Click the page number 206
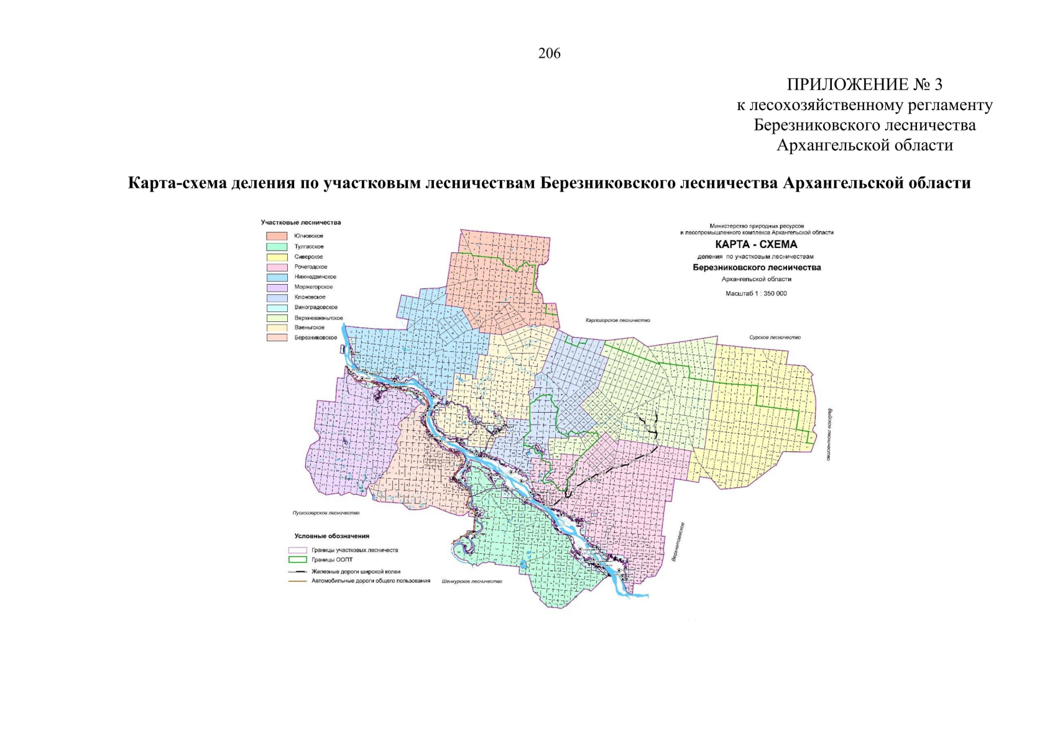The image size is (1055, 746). pyautogui.click(x=549, y=54)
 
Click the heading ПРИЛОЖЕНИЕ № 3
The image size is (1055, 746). pyautogui.click(x=864, y=85)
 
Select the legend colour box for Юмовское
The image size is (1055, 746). pyautogui.click(x=277, y=236)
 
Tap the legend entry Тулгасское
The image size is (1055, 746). pyautogui.click(x=308, y=247)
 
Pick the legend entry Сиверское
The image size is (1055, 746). pyautogui.click(x=308, y=257)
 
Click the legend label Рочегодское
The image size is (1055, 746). pyautogui.click(x=310, y=267)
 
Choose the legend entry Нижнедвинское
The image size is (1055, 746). pyautogui.click(x=315, y=277)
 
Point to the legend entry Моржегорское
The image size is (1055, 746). pyautogui.click(x=313, y=287)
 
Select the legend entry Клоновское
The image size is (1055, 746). pyautogui.click(x=310, y=297)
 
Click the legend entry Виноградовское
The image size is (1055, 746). pyautogui.click(x=316, y=307)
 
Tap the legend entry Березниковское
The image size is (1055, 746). pyautogui.click(x=315, y=338)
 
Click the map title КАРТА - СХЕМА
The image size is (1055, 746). pyautogui.click(x=756, y=245)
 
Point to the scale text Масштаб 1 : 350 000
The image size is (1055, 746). pyautogui.click(x=756, y=293)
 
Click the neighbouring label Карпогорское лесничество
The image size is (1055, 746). pyautogui.click(x=617, y=320)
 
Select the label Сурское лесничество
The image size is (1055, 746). pyautogui.click(x=775, y=338)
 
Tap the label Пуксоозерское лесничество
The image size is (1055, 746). pyautogui.click(x=326, y=513)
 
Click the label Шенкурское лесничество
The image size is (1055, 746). pyautogui.click(x=471, y=581)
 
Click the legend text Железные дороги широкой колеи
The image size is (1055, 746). pyautogui.click(x=356, y=571)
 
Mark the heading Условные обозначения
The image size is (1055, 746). pyautogui.click(x=331, y=536)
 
